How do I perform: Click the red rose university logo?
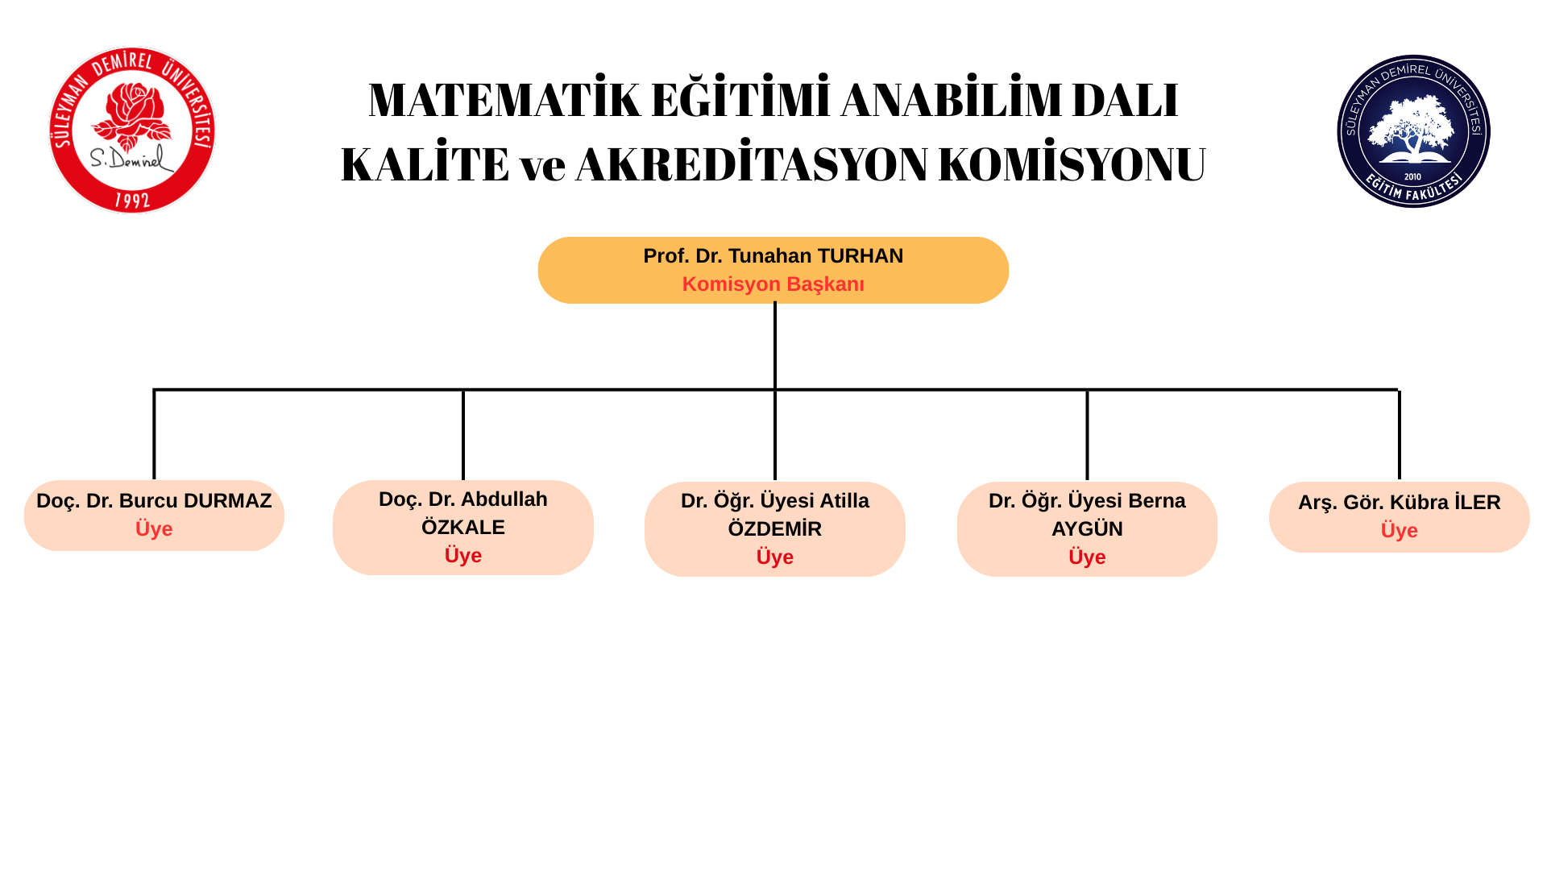132,130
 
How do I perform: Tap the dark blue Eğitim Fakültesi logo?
1413,131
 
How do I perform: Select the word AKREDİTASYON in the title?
751,164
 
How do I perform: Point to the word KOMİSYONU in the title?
1072,164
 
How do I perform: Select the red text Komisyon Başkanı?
773,284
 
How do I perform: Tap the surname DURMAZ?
227,501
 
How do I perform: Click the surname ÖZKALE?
463,528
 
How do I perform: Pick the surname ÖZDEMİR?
775,529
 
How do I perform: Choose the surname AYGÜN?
1087,529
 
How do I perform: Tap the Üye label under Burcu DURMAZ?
154,529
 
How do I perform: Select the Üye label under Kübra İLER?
1400,531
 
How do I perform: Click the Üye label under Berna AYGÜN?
1087,557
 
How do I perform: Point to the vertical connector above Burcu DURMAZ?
154,435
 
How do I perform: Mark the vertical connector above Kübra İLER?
1400,435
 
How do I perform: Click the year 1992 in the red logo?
132,199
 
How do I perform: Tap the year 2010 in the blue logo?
1412,176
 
